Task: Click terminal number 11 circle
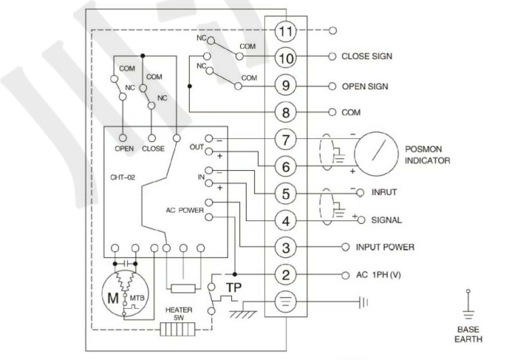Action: (x=284, y=31)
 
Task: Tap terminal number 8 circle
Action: (x=284, y=113)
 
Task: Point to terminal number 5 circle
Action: (x=284, y=194)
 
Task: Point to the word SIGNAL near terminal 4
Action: (x=387, y=220)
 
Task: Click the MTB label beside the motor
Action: (x=137, y=297)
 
